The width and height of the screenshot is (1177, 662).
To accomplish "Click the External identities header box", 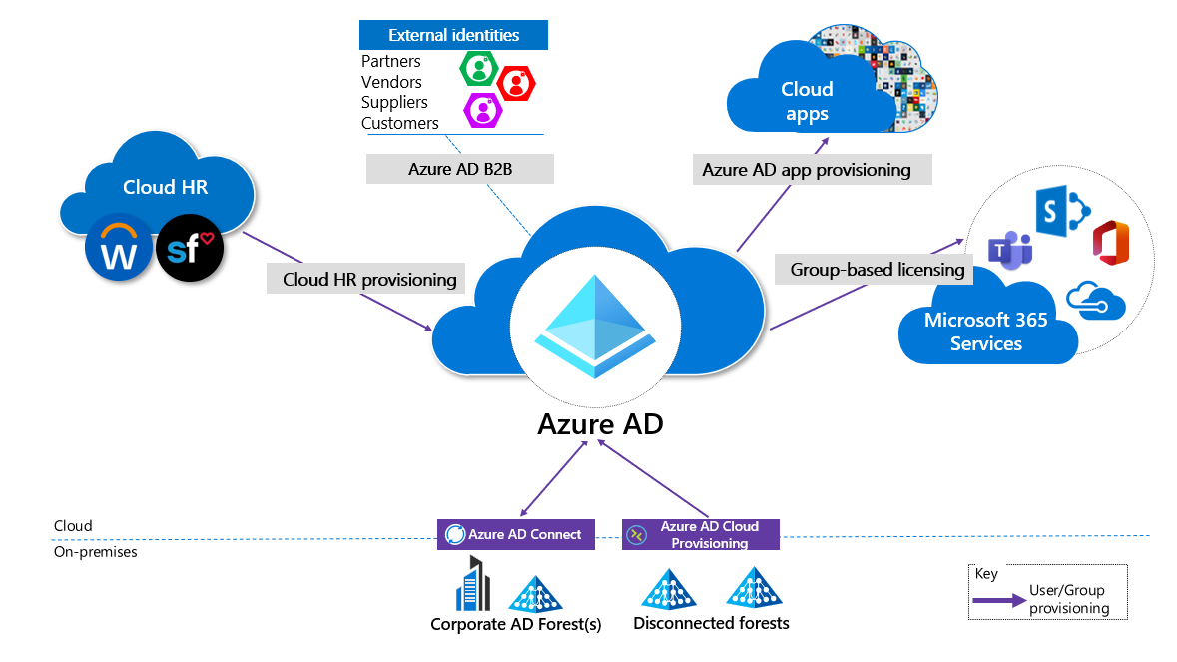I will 454,35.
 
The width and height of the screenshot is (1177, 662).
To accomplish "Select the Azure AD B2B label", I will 459,169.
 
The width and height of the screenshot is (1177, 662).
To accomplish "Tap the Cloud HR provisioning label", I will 369,279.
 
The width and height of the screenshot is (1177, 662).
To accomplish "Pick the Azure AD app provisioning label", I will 807,169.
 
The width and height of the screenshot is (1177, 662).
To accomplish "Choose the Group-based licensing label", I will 878,269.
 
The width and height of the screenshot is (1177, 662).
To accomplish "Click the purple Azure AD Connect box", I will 516,534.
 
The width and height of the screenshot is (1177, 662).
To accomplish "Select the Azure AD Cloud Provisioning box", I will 700,535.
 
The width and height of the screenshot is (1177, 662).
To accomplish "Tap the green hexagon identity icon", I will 479,68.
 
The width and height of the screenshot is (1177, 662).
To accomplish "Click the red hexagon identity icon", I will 516,82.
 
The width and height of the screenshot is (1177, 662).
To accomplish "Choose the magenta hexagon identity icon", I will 483,107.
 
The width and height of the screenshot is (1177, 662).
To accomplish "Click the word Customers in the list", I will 400,123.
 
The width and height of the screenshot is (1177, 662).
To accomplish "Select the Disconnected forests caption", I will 711,623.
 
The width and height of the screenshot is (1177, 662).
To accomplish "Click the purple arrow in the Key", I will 999,601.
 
